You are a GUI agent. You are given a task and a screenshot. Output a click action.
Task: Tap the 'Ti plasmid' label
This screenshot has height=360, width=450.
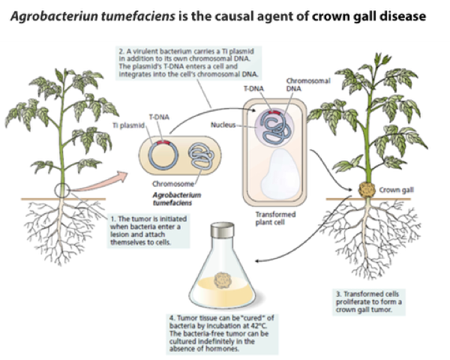point(124,127)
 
